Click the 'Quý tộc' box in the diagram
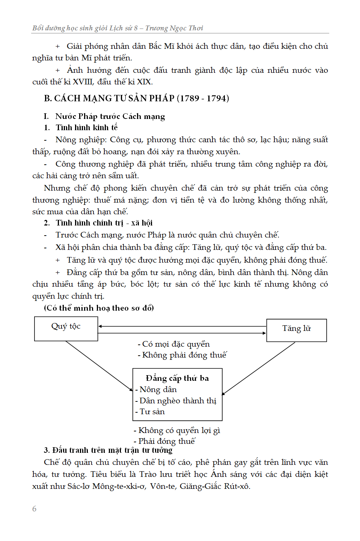coord(66,328)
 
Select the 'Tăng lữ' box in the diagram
coord(296,330)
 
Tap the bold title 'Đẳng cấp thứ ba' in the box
coord(177,378)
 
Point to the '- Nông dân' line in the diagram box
coord(156,390)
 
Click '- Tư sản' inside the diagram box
coord(150,412)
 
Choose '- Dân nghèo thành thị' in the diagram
coord(176,401)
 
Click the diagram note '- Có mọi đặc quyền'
coord(174,344)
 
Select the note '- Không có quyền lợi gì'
coord(177,430)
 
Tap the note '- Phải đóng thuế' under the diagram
coord(164,441)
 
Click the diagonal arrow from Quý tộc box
coord(99,366)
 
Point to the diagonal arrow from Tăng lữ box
coord(259,368)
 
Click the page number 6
coord(35,509)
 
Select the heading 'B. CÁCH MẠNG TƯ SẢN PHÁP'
coord(109,98)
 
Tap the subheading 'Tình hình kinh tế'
coord(87,128)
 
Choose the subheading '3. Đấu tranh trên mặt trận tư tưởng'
coord(108,450)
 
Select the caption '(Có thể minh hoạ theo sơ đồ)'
coord(99,308)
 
